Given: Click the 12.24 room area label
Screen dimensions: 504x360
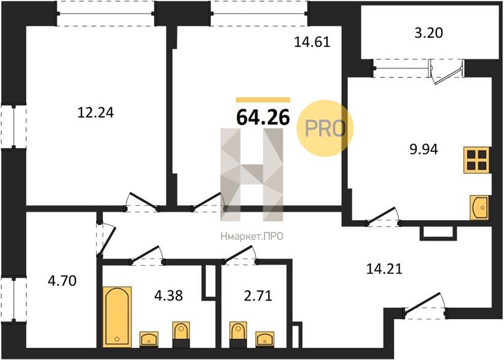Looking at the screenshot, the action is pos(95,113).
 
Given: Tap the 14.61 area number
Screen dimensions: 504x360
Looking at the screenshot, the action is pos(312,42).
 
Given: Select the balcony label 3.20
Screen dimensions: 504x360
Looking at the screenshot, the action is pos(428,33).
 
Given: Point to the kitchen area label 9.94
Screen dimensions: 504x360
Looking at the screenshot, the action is pos(424,149).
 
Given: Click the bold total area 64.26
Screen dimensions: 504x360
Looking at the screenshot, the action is pos(263,117).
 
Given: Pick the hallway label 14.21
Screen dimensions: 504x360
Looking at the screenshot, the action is pos(384,269).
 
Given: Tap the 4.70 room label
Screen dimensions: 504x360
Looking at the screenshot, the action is pos(62,281).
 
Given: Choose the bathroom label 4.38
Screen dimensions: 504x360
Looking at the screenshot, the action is pos(169,295).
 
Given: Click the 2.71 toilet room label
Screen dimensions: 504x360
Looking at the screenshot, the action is pos(258,296).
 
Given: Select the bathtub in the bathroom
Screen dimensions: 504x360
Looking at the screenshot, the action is pos(117,317).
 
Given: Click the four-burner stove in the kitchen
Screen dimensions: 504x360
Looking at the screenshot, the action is pos(476,160).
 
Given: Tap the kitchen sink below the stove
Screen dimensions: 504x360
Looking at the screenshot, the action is pos(479,208).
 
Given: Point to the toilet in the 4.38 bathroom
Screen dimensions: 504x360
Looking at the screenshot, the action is pos(181,335).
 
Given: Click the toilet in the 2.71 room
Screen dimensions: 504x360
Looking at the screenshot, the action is pos(238,335).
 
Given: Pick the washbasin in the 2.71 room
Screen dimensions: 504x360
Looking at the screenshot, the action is pos(265,340).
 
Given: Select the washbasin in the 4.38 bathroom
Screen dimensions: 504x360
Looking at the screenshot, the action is pos(149,340).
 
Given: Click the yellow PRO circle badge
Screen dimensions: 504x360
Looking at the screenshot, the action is pos(325,128).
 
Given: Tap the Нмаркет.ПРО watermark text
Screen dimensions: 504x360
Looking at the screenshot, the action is pos(251,237).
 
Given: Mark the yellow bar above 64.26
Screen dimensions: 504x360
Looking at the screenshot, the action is pos(263,100).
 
